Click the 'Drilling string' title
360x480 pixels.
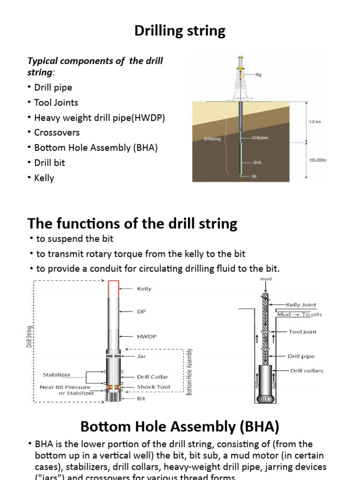click(180, 31)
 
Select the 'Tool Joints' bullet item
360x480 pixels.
click(56, 102)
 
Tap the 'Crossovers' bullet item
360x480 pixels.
click(57, 132)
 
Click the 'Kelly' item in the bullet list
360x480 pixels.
click(44, 178)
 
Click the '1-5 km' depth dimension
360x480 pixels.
click(315, 121)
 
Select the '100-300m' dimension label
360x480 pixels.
click(317, 160)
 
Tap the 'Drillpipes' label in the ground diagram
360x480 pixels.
click(260, 138)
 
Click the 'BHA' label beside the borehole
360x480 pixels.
click(257, 163)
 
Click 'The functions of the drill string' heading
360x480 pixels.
click(133, 224)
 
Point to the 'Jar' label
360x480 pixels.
click(141, 356)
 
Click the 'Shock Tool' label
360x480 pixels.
click(153, 387)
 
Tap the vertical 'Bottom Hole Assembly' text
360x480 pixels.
click(189, 371)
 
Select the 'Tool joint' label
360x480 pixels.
click(302, 331)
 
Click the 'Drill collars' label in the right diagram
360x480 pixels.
click(307, 370)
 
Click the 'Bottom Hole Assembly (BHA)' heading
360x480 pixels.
click(180, 426)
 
